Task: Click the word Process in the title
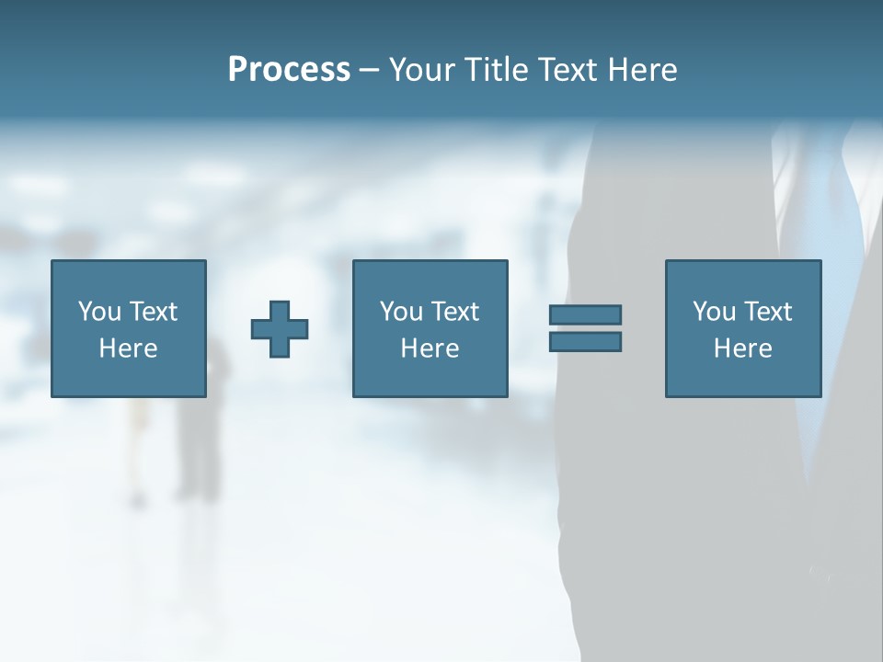coord(289,70)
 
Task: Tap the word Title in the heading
coord(496,70)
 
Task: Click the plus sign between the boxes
coord(280,329)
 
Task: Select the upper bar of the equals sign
coord(585,314)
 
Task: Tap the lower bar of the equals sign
coord(585,341)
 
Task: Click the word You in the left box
coord(99,312)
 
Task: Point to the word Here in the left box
coord(128,348)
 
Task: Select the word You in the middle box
coord(401,312)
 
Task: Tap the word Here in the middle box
coord(430,348)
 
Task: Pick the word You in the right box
coord(714,312)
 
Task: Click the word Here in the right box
coord(742,348)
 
